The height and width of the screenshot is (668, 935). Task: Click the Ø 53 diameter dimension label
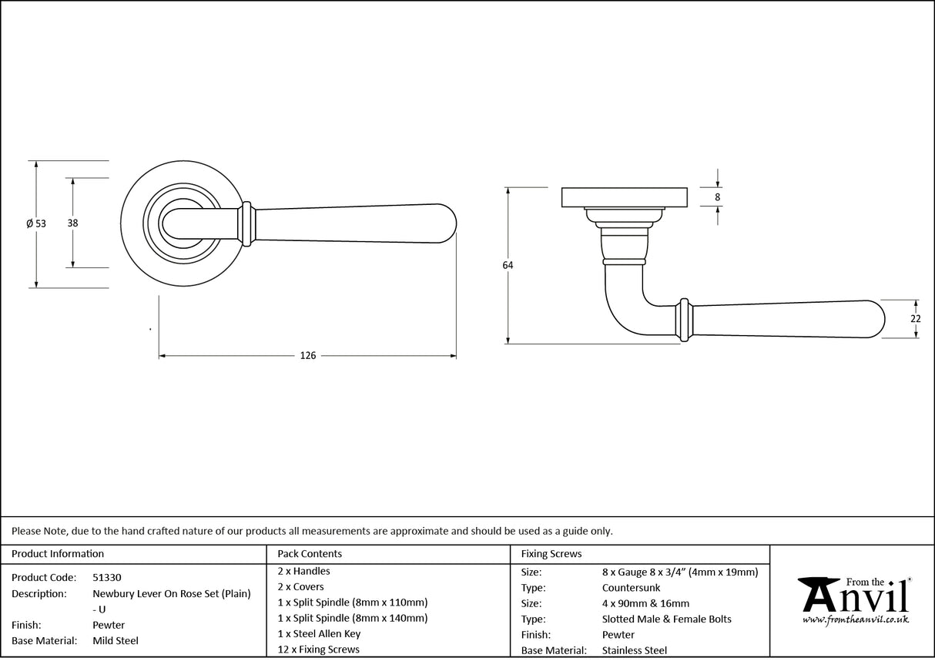click(x=36, y=223)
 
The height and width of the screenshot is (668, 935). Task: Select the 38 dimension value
click(x=73, y=223)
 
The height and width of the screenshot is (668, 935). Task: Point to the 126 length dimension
click(x=308, y=356)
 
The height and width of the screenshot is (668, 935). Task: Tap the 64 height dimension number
click(x=508, y=265)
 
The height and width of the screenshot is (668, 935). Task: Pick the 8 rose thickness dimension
click(x=718, y=197)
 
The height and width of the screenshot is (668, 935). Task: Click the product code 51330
click(x=106, y=577)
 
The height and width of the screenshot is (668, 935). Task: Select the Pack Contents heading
click(x=310, y=553)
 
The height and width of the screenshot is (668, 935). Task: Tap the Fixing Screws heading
click(x=551, y=553)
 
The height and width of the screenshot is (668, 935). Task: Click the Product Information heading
click(x=58, y=553)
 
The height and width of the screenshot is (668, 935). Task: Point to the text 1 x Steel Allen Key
click(x=319, y=634)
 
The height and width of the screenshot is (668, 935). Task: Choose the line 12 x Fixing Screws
click(x=318, y=650)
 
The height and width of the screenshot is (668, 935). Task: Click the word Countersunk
click(x=631, y=588)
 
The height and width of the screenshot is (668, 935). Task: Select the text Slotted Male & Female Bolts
click(x=667, y=619)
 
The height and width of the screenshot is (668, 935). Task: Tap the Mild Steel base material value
click(x=116, y=640)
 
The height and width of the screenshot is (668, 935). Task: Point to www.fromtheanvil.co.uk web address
click(x=855, y=619)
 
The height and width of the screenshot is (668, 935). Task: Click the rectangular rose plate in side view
click(x=625, y=197)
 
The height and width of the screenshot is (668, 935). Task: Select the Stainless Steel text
click(x=635, y=651)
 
